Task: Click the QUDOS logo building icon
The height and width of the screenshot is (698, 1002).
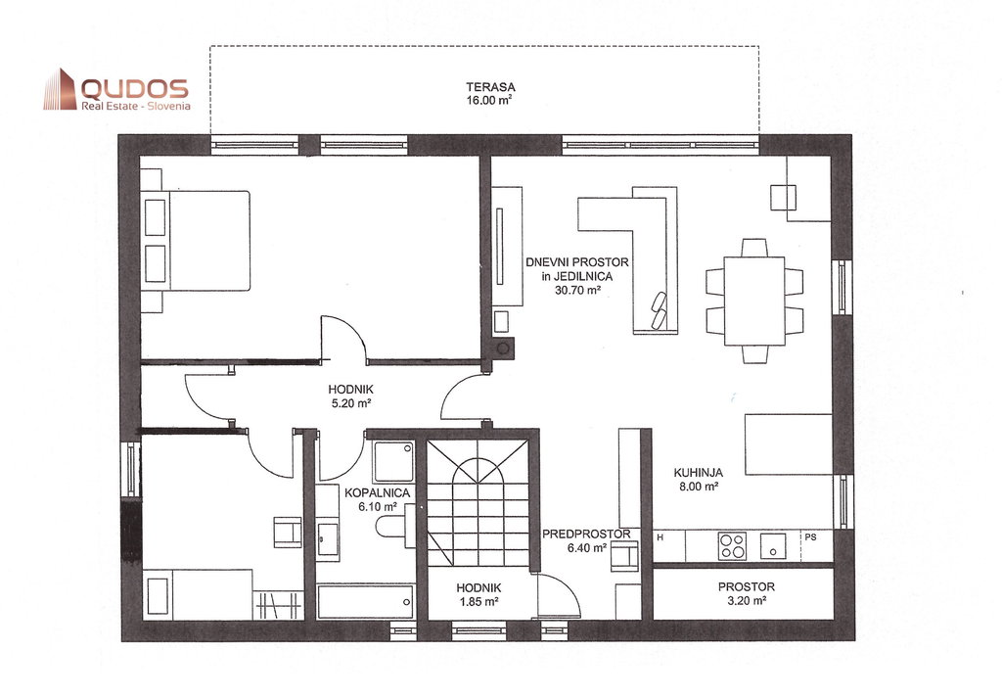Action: tap(60, 89)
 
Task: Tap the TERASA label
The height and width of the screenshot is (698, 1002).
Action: tap(490, 87)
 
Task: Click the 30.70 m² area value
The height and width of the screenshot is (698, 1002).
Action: tap(577, 290)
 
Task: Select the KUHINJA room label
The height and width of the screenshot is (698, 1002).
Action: tap(698, 473)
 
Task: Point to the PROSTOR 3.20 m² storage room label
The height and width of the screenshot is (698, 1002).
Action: tap(746, 593)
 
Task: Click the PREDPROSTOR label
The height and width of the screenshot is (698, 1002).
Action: tap(586, 535)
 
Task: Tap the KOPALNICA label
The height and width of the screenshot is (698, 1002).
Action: tap(377, 492)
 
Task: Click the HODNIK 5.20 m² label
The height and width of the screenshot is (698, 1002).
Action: tap(350, 396)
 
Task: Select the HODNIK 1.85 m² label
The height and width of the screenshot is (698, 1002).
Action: tap(478, 594)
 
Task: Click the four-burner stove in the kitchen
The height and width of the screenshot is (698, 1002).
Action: tap(732, 546)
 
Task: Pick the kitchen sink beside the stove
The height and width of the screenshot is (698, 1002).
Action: tap(773, 546)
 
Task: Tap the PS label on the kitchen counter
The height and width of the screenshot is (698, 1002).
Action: tap(810, 537)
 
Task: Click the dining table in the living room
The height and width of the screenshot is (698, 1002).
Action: tap(754, 302)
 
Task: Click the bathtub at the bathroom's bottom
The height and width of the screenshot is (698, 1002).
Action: tap(366, 601)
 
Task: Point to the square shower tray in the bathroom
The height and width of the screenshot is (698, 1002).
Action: tap(393, 461)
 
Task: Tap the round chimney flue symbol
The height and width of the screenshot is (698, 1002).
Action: tap(503, 349)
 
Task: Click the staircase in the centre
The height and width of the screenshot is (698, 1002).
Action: tap(478, 502)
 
